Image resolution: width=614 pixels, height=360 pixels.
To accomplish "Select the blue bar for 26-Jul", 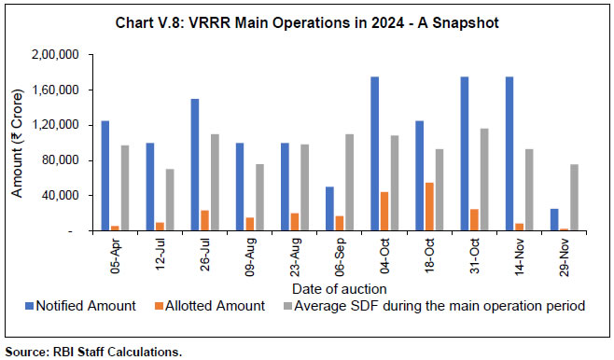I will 193,164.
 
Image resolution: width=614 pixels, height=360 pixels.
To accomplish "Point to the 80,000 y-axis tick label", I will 74,160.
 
